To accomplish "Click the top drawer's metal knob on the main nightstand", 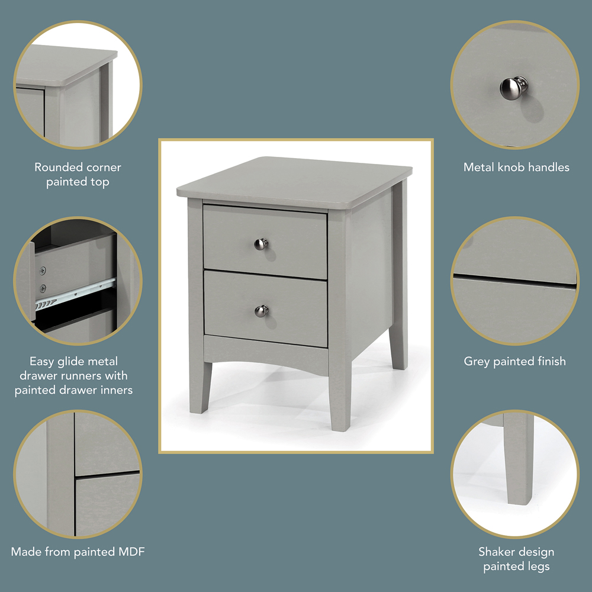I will pos(261,243).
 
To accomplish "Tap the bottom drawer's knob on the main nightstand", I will pos(261,310).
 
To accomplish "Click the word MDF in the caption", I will pos(131,552).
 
